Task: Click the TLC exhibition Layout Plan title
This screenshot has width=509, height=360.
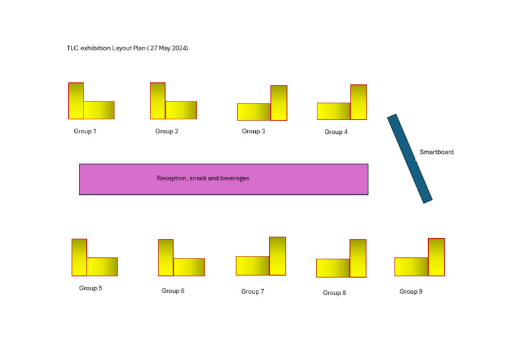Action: pos(127,48)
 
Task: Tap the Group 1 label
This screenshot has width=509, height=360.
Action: pos(85,131)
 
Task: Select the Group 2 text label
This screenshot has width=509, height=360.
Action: pos(166,131)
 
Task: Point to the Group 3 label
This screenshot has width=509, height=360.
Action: pos(253,131)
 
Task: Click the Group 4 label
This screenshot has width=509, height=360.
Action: pos(335,132)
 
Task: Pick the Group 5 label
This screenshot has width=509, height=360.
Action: pos(90,288)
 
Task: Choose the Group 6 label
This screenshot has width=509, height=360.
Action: pos(173,291)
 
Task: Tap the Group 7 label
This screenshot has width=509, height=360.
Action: pos(253,292)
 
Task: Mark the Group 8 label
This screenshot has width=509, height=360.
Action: pos(334,293)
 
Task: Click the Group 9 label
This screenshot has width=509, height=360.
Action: pos(410,292)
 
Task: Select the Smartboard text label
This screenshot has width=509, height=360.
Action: pos(437,152)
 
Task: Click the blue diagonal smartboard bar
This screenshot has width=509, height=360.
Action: pos(410,158)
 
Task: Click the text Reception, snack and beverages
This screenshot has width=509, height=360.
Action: pos(203,178)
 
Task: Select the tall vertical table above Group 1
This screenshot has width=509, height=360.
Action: pos(76,101)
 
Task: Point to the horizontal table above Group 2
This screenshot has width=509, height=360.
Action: pos(181,110)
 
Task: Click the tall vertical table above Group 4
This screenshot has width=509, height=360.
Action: pos(358,102)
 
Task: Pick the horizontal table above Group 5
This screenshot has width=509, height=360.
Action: pos(102,267)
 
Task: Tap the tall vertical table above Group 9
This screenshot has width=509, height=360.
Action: pos(436,257)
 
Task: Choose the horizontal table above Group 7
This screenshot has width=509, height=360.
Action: pos(253,265)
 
